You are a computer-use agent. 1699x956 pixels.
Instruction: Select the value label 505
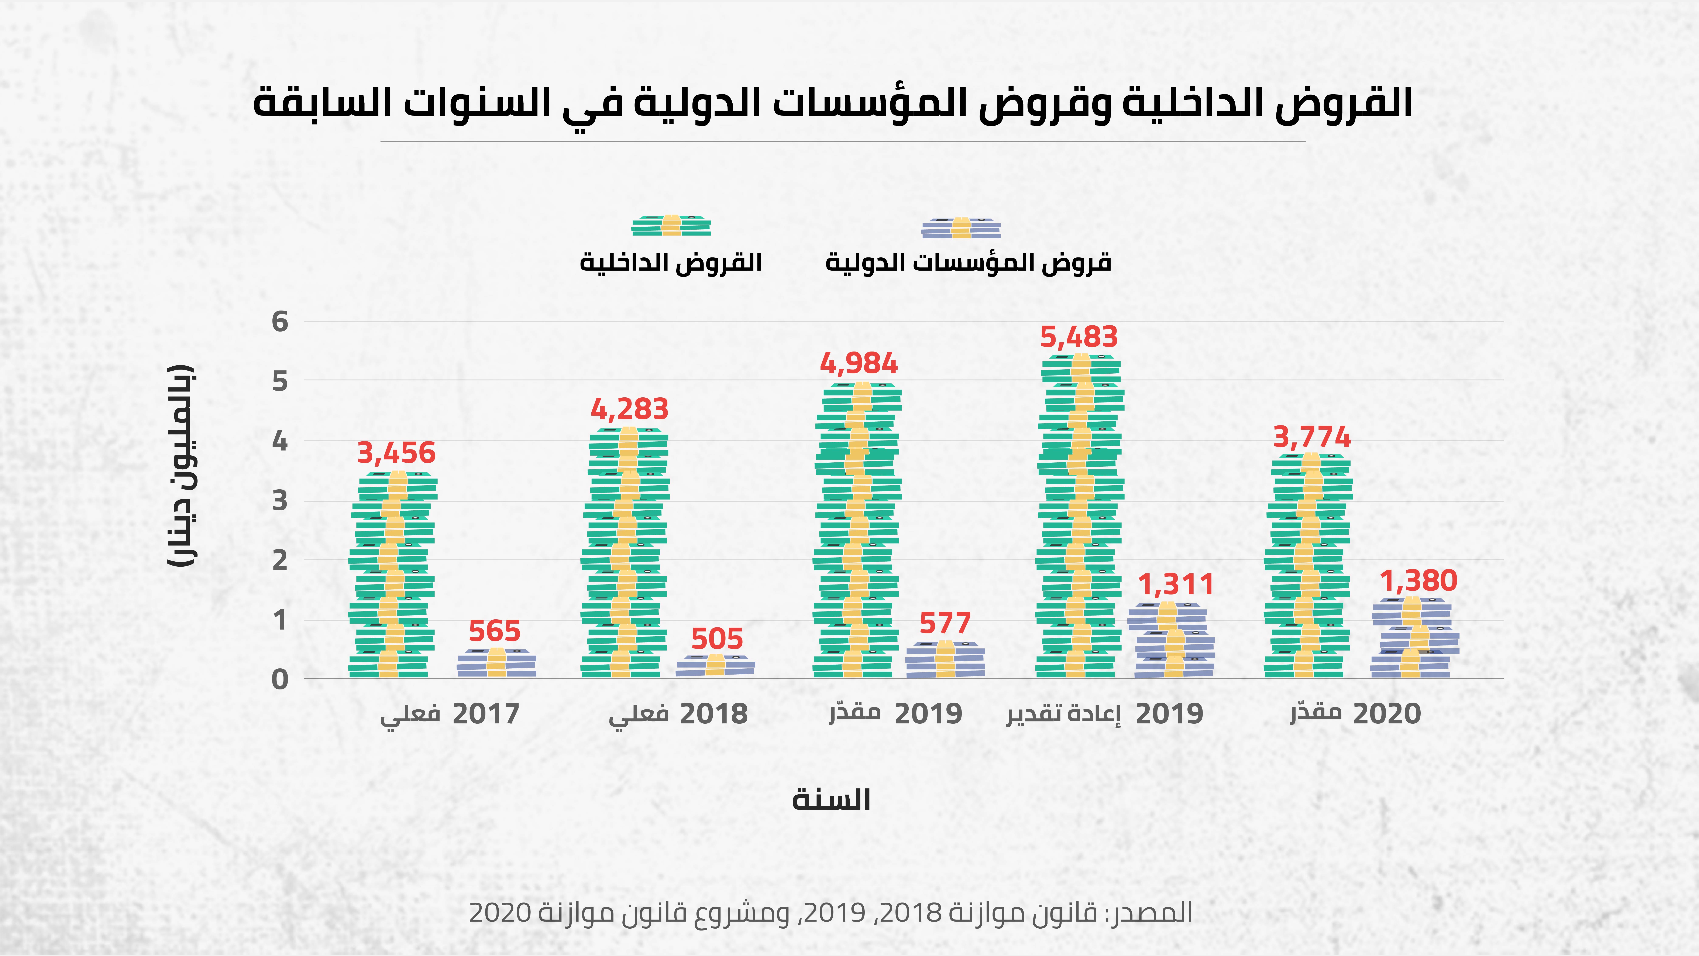click(717, 639)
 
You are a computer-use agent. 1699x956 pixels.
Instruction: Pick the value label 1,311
click(1176, 585)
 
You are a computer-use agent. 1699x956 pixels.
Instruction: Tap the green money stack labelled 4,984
click(857, 530)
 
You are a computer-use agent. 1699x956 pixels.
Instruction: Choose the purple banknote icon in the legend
click(961, 228)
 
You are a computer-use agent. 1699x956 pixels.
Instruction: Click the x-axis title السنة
click(831, 799)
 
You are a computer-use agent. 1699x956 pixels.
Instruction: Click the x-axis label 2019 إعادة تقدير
click(1105, 714)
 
